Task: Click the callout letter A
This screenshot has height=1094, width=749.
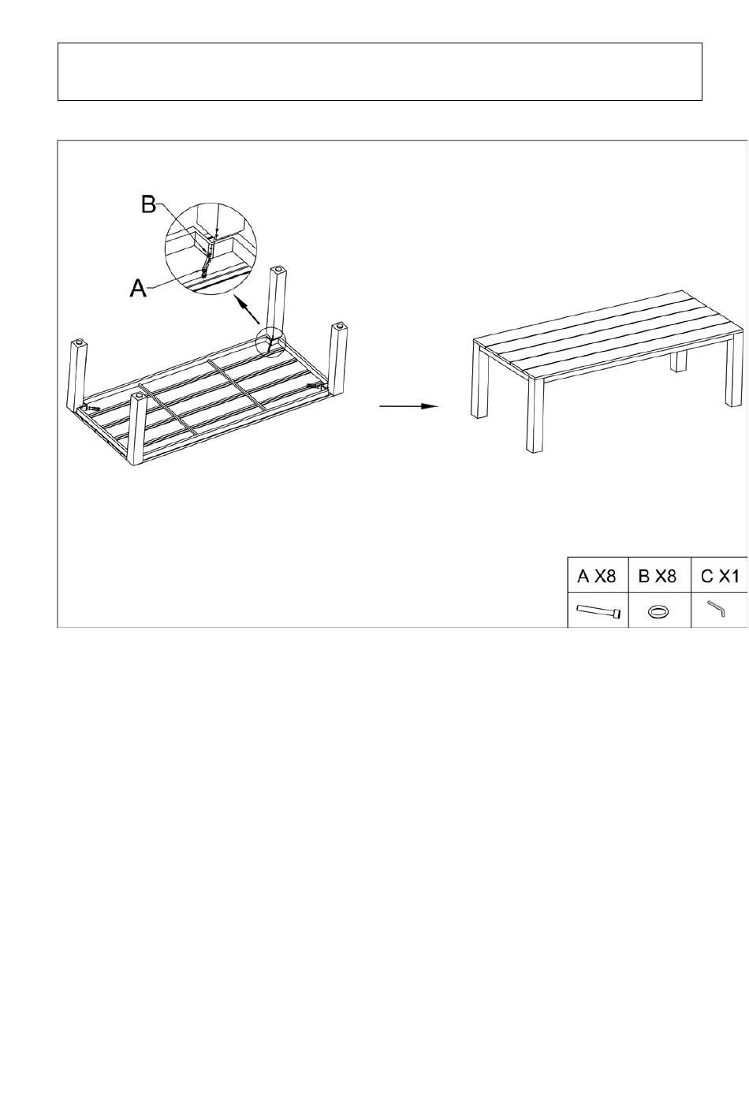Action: (x=138, y=288)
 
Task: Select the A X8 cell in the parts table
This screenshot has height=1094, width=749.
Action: (x=597, y=577)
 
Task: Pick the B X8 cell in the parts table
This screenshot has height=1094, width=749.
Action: (x=658, y=577)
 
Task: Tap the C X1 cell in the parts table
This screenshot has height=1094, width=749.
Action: (x=720, y=577)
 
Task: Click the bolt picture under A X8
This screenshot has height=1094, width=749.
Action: (x=599, y=611)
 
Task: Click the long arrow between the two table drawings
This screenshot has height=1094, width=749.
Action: (x=408, y=406)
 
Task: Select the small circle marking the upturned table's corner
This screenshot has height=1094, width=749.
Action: (x=270, y=342)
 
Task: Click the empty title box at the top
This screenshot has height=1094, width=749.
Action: (x=379, y=72)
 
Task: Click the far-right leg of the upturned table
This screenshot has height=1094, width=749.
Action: (x=338, y=360)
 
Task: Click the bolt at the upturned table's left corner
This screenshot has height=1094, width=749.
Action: (x=91, y=406)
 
